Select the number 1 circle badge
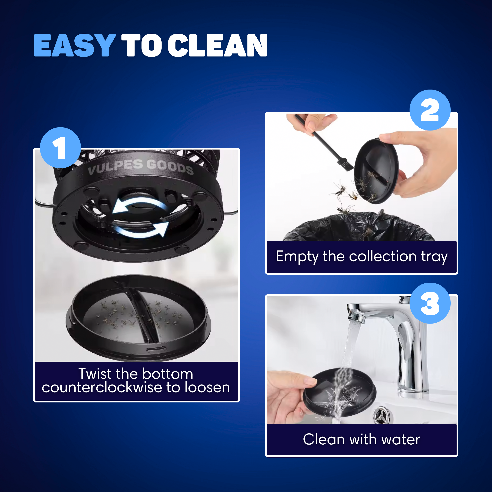coord(60,148)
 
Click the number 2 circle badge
coord(430,110)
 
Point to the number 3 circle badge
coord(430,303)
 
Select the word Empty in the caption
coord(297,257)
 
